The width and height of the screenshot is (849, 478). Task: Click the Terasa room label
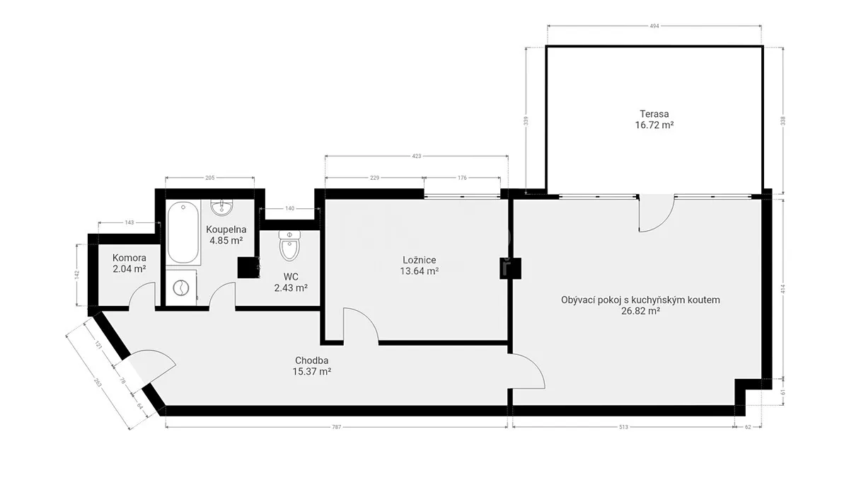click(654, 114)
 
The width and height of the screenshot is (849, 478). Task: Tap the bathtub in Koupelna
click(183, 232)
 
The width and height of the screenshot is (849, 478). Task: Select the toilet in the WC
click(289, 245)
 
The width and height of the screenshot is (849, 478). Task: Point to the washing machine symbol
click(181, 288)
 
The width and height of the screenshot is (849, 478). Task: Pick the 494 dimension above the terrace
click(654, 26)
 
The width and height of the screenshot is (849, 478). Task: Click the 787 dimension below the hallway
click(337, 427)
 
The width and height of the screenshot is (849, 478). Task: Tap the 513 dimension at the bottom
click(623, 427)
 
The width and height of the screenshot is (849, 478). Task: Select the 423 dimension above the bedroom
click(417, 156)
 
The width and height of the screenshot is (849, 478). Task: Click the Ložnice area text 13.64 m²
click(419, 271)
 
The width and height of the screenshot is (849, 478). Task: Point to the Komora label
click(129, 258)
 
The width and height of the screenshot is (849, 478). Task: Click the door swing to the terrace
click(657, 213)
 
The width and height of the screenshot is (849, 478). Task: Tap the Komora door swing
click(141, 295)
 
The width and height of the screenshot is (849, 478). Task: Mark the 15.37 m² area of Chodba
click(312, 371)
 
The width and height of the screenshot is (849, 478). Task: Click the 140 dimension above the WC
click(289, 208)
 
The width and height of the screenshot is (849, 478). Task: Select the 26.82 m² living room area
click(640, 311)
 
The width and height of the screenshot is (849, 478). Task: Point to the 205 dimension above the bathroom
click(210, 178)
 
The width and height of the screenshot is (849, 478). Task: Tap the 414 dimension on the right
click(783, 290)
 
